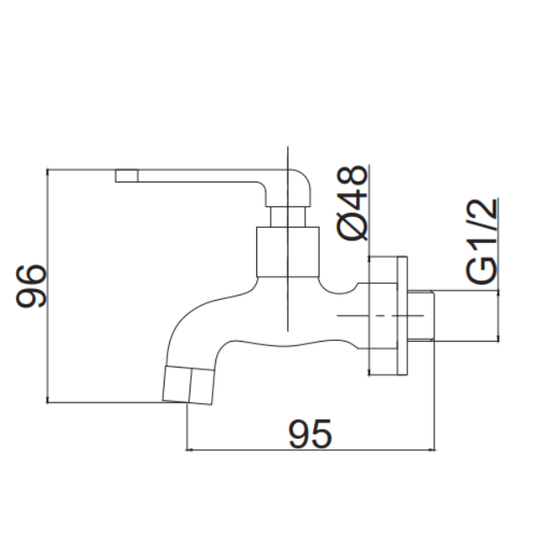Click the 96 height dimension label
31,287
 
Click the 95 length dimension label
310,433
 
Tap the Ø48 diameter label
352,203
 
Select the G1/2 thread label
481,241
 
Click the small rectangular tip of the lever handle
126,175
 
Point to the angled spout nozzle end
189,385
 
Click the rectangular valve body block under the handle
287,252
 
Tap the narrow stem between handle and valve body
287,216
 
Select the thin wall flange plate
402,316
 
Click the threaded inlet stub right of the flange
421,316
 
